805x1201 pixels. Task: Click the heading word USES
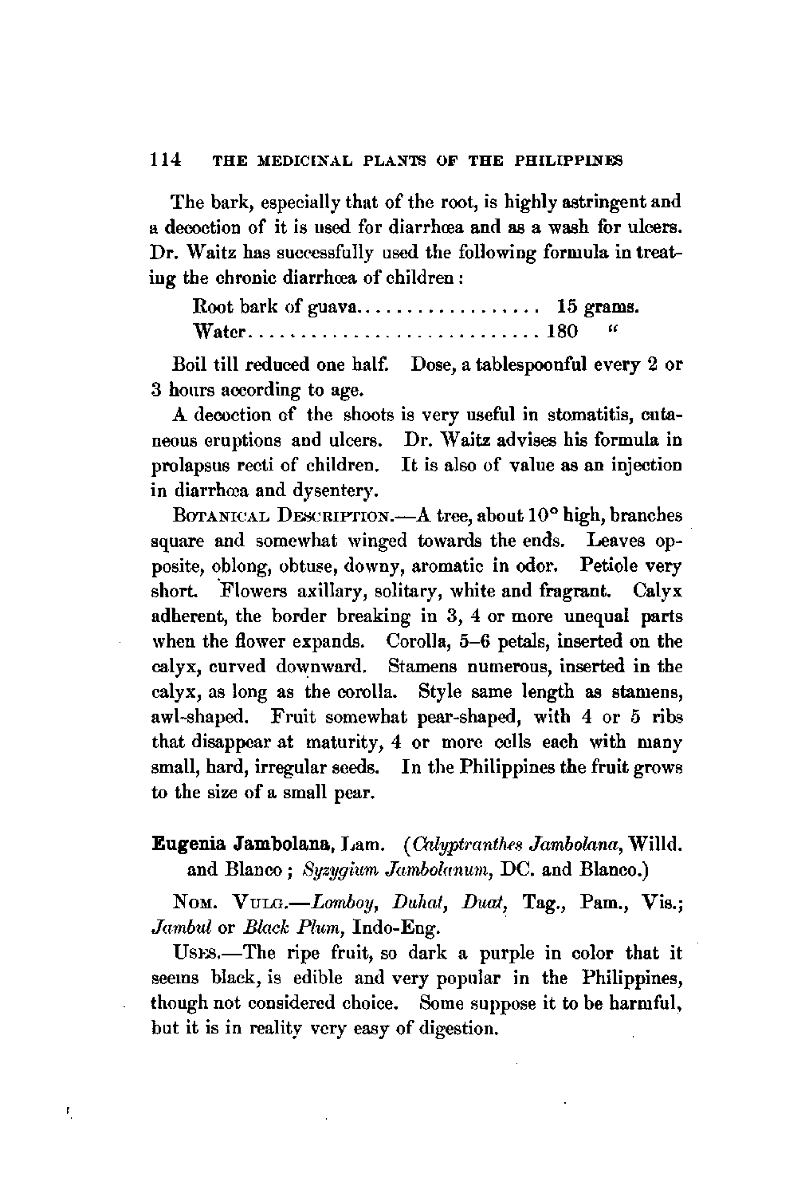194,953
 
